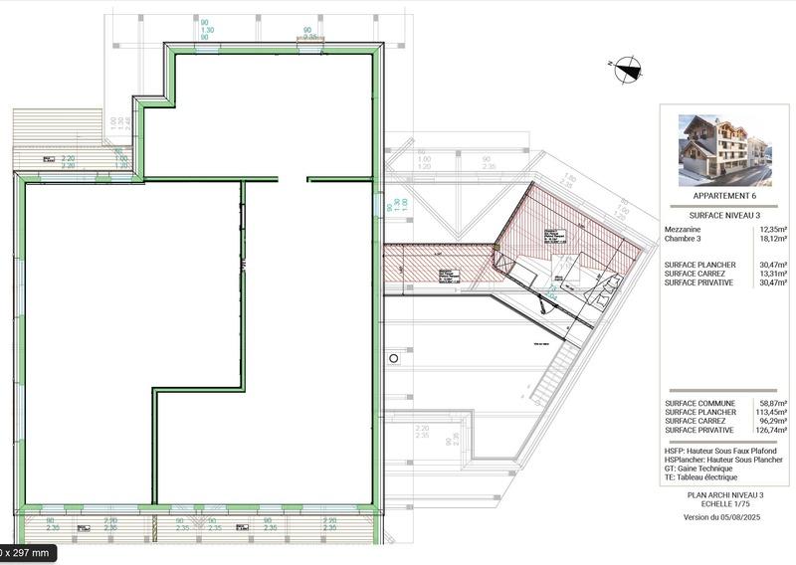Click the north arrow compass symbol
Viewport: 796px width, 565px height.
tap(628, 69)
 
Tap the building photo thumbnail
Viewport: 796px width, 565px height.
tap(724, 149)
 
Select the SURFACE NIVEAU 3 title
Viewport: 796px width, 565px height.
tap(724, 215)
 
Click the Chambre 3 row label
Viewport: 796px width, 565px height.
tap(684, 239)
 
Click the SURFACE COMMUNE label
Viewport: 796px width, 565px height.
tap(700, 404)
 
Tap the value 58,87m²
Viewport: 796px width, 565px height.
tap(771, 404)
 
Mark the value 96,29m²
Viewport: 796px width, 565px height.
tap(771, 421)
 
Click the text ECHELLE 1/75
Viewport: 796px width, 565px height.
tap(725, 503)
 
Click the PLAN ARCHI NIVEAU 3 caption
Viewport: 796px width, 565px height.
tap(725, 494)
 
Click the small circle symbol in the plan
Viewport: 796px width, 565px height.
tap(394, 357)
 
